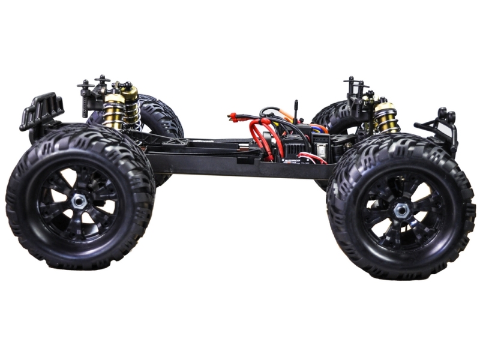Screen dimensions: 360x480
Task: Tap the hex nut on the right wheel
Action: (401, 210)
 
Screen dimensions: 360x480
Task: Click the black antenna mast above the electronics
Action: (295, 111)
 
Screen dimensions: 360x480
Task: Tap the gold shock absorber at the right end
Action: (386, 118)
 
